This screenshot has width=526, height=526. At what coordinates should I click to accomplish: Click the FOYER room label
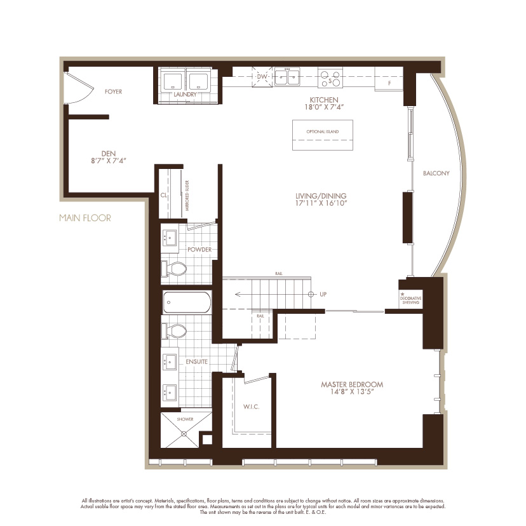point(113,91)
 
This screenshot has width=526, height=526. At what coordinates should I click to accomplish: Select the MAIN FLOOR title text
point(84,218)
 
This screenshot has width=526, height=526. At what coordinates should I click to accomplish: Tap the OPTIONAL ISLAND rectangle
point(322,134)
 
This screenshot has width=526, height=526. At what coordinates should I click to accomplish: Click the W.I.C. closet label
point(249,406)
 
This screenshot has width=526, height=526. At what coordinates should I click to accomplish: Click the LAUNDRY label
point(185,95)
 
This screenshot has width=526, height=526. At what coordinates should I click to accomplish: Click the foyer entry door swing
point(78,89)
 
